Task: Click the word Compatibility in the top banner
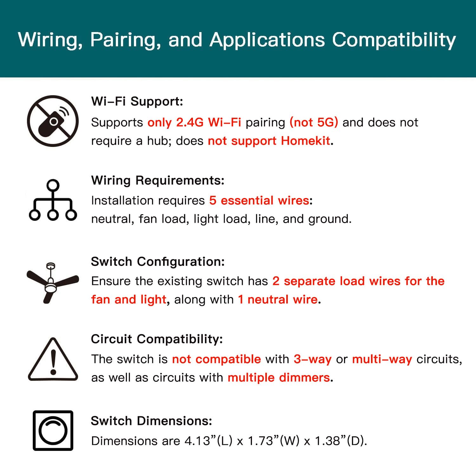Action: click(394, 40)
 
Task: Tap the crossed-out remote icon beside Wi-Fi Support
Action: click(53, 121)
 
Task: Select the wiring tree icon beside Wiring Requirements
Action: click(53, 200)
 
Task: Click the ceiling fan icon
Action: click(52, 282)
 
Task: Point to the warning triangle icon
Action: click(53, 360)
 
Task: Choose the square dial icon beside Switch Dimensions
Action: click(53, 431)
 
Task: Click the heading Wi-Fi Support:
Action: click(137, 101)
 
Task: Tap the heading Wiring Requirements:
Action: click(158, 180)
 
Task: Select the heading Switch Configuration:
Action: click(158, 261)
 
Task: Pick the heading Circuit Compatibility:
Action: click(157, 339)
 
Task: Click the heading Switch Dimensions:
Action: click(151, 421)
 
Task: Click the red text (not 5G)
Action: click(314, 122)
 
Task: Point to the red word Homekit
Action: click(306, 141)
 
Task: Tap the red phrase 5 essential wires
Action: click(259, 200)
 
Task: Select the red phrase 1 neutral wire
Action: click(278, 299)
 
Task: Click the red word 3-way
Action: click(313, 359)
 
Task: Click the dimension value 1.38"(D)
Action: click(340, 441)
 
